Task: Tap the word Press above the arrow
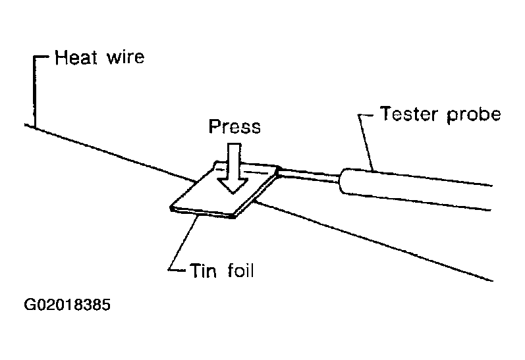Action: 234,126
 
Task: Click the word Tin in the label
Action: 204,270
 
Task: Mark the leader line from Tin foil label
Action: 181,244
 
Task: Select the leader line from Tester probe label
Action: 366,141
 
